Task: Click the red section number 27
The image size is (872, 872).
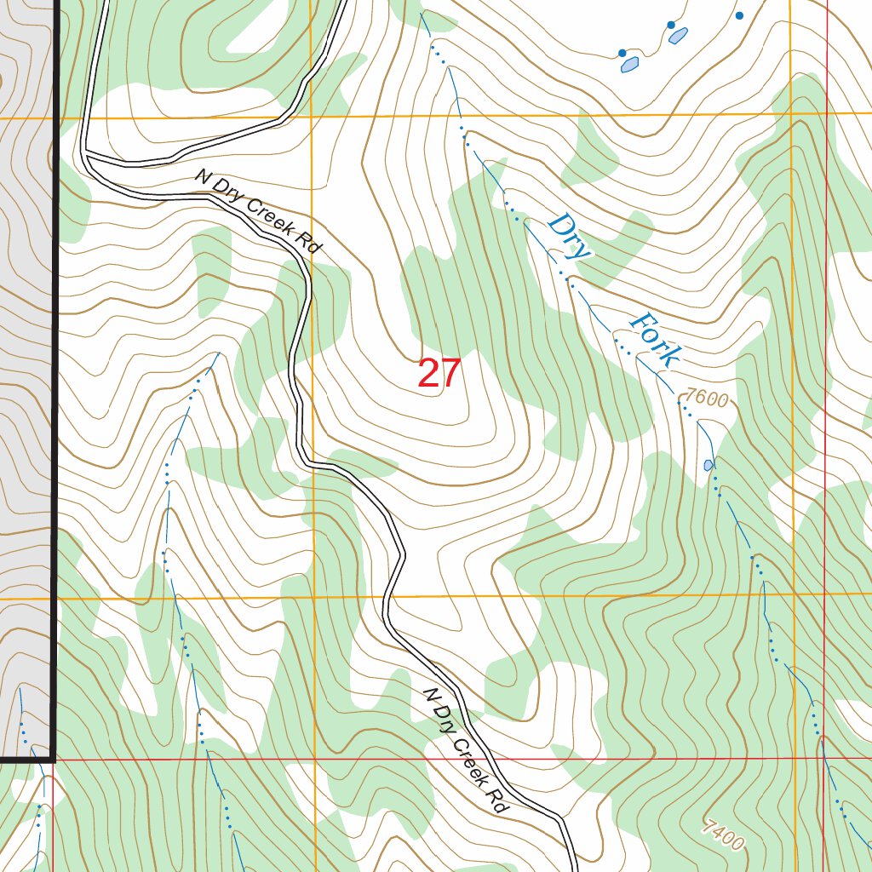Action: coord(439,374)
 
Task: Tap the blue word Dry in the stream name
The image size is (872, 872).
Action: coord(568,237)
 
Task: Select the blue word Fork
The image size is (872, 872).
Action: coord(655,340)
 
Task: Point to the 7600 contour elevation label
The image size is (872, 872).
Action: coord(707,399)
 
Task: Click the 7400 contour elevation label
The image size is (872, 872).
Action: coord(723,835)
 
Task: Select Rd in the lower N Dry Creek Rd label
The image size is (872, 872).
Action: coord(498,801)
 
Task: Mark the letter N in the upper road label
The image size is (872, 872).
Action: coord(202,176)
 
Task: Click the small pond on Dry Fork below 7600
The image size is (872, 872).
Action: coord(708,465)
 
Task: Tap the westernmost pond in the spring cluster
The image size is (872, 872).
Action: coord(630,64)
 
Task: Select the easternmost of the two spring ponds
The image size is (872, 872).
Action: coord(679,36)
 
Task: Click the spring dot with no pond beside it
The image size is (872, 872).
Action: coord(739,15)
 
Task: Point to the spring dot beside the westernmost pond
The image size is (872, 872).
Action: coord(622,53)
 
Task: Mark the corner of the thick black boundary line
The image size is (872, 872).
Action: coord(53,758)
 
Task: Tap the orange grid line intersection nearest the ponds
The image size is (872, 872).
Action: coord(793,113)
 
